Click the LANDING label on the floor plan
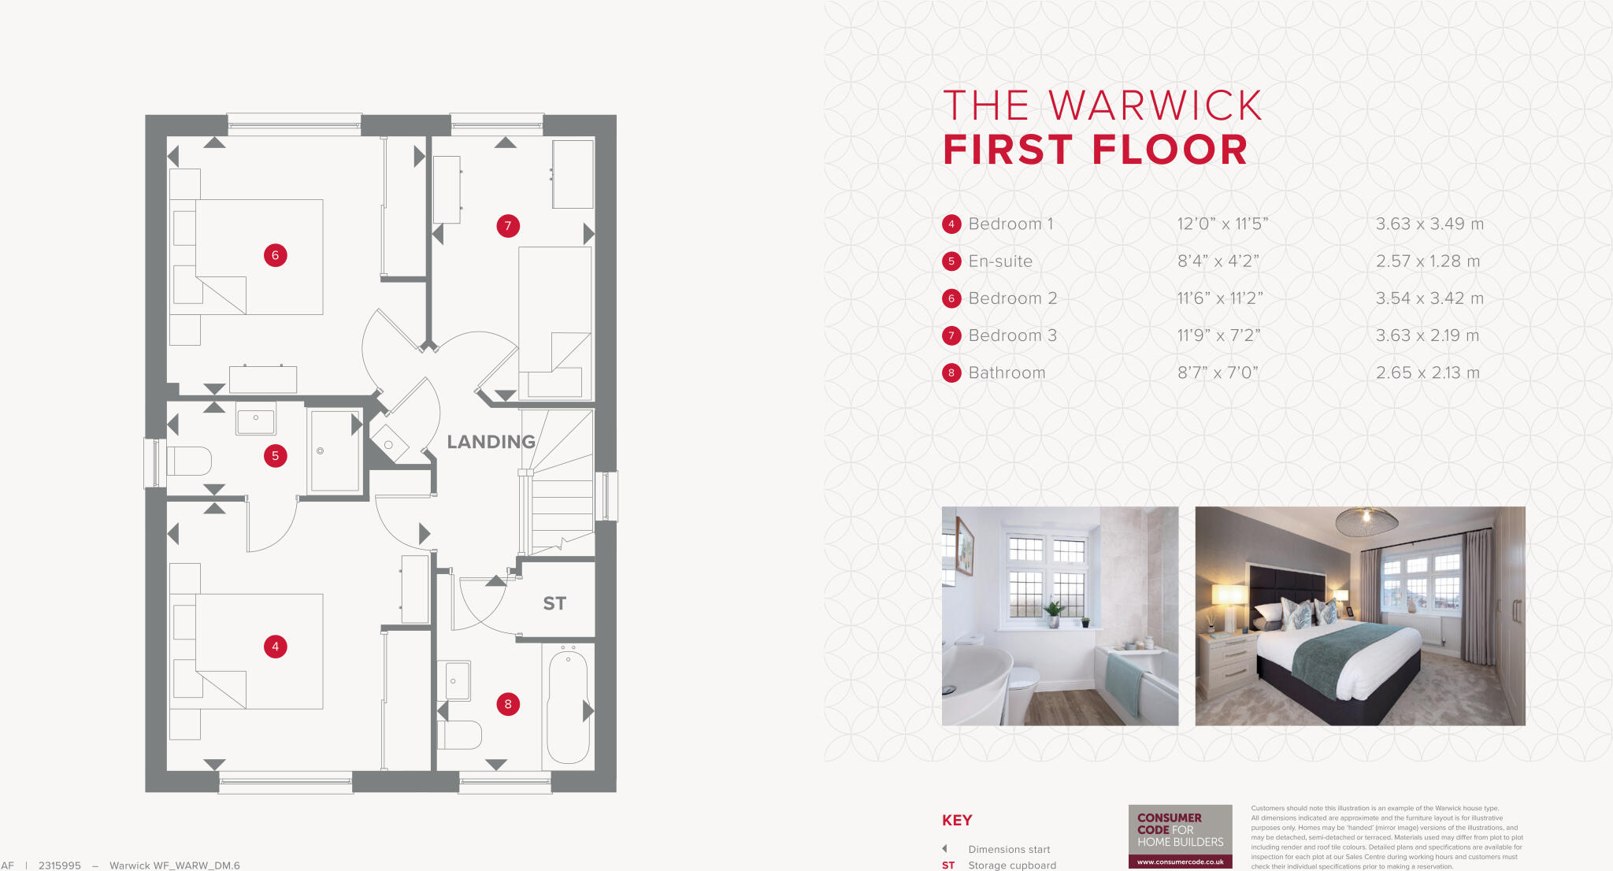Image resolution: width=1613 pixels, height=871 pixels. [491, 442]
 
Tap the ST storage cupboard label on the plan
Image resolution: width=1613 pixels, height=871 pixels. [554, 603]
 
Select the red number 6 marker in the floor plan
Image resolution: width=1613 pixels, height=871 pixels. [275, 255]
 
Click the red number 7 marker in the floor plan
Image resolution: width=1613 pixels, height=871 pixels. [508, 226]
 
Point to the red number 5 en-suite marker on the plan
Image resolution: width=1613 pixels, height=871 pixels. [275, 455]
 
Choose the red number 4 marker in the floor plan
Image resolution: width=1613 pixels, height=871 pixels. [275, 647]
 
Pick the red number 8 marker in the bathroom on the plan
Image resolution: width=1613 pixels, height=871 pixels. [508, 704]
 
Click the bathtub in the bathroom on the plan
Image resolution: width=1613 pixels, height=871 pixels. [568, 705]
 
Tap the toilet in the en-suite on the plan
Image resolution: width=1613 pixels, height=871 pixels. [189, 461]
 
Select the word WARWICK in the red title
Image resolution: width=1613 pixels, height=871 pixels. [1155, 106]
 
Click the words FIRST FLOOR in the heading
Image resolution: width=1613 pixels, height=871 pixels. [1095, 150]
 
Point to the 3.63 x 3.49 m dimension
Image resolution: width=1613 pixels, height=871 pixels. [1429, 224]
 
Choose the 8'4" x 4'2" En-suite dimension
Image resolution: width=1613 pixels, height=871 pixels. [1218, 261]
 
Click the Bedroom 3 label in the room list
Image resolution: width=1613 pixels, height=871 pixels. [1012, 335]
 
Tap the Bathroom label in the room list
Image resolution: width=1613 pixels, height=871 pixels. [1007, 372]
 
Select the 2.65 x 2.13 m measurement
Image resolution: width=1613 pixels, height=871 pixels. [1427, 372]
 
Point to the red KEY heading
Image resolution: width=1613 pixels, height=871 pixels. [957, 820]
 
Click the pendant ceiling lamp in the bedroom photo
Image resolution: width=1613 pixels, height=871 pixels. [1366, 521]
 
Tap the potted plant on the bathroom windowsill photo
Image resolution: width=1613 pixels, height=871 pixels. [1052, 611]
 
